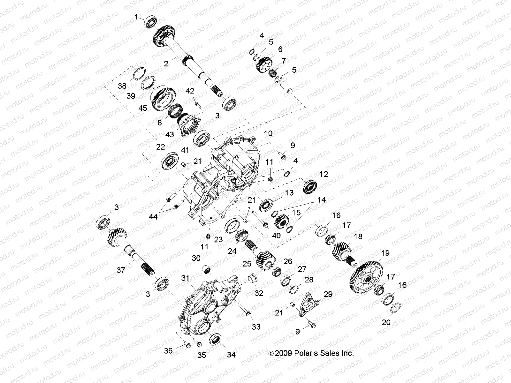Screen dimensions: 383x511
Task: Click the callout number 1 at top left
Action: [x=137, y=17]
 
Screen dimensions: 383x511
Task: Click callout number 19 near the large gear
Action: [x=385, y=253]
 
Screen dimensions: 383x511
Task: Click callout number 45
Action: [x=143, y=108]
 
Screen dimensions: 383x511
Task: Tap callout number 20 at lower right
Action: [x=386, y=322]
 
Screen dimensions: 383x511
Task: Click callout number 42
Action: [x=190, y=91]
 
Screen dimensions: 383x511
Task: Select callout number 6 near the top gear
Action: [x=280, y=49]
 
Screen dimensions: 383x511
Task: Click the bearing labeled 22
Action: [x=170, y=161]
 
